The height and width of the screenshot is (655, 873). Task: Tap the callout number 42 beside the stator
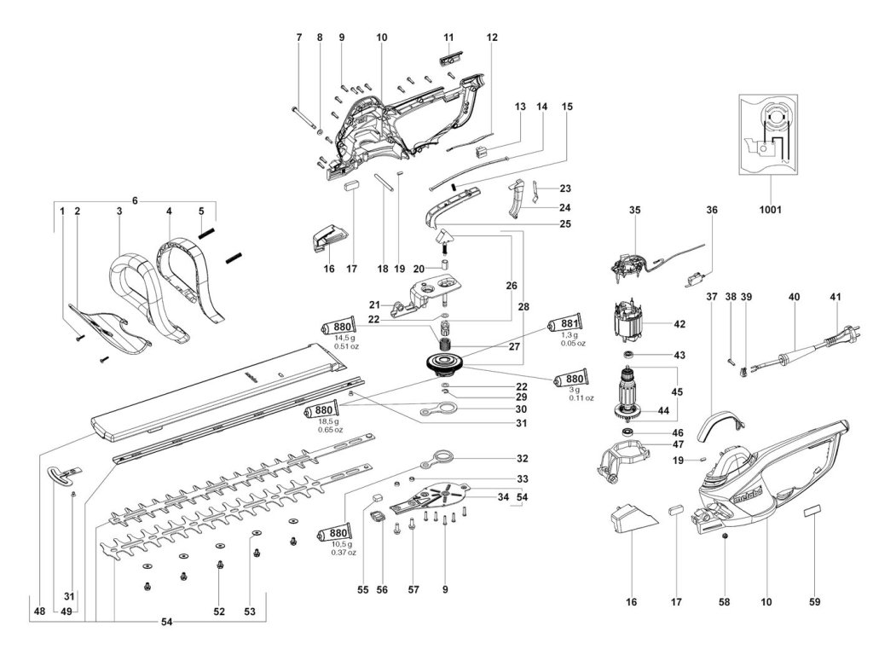pyautogui.click(x=679, y=324)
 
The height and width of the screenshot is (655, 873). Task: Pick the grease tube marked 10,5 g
pyautogui.click(x=333, y=533)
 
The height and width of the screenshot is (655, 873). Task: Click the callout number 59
pyautogui.click(x=814, y=602)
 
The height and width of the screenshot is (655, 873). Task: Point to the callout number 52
pyautogui.click(x=219, y=612)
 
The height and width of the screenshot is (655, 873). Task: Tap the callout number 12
pyautogui.click(x=492, y=38)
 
